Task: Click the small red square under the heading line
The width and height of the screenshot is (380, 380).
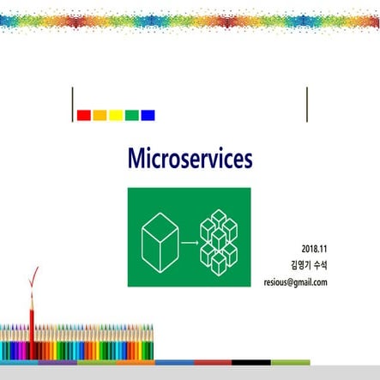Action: [x=84, y=114]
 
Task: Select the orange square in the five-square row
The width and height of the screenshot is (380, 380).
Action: [x=100, y=114]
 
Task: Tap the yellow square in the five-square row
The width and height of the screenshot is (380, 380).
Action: [x=116, y=114]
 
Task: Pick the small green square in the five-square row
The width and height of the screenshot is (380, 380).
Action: [x=131, y=114]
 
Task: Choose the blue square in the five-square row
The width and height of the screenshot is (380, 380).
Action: [x=148, y=114]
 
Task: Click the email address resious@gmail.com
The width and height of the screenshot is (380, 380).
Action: [x=296, y=281]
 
